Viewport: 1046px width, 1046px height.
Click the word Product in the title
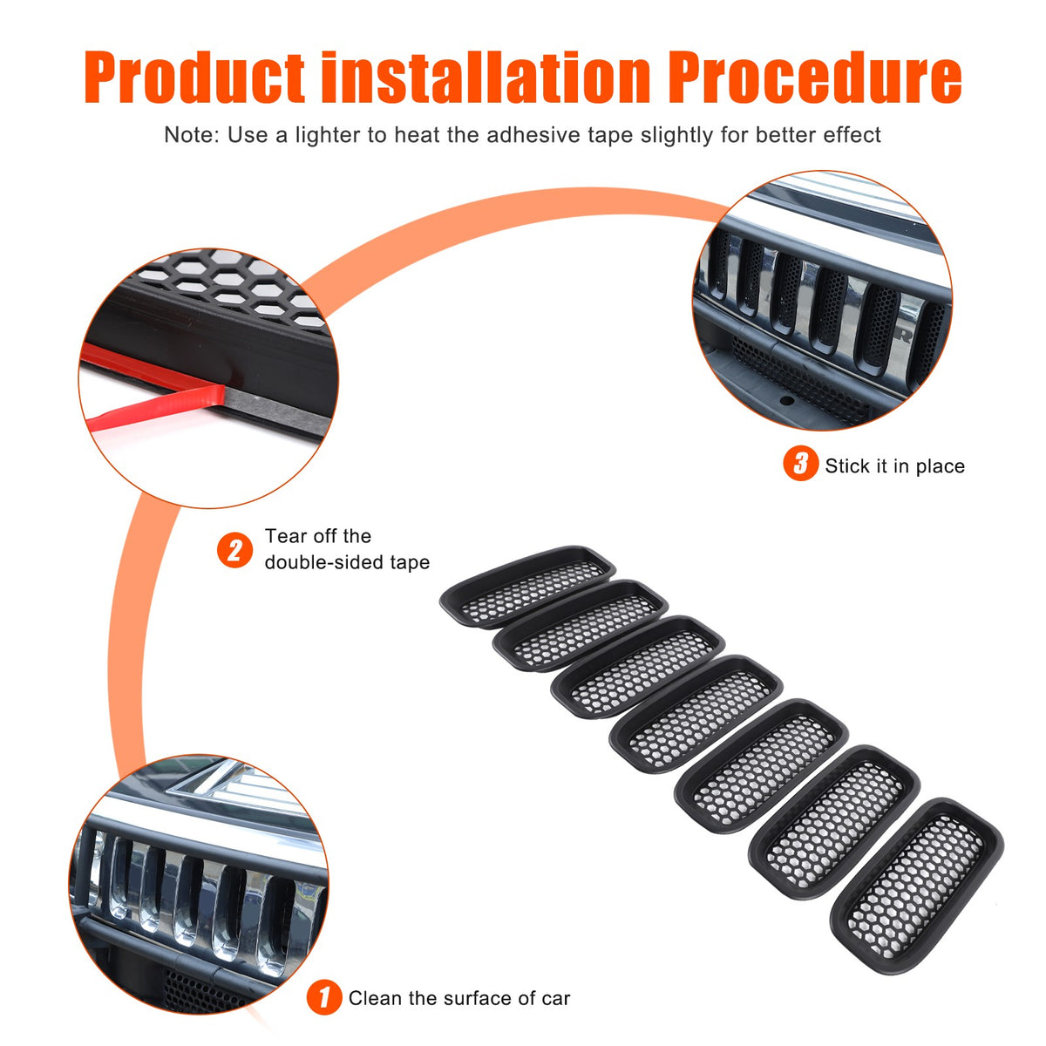194,77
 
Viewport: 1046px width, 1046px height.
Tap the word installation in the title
486,76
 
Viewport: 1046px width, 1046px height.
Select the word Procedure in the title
815,77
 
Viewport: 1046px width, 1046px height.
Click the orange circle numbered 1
324,997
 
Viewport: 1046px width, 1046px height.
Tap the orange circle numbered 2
234,550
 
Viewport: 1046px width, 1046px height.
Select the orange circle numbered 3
801,463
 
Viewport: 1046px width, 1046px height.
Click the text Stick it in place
895,466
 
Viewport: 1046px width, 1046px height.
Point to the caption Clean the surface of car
459,998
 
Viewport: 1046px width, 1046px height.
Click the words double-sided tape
347,562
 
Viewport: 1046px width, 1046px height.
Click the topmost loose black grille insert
527,587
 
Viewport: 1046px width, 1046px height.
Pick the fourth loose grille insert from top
696,714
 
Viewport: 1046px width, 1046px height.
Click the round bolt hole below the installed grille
786,401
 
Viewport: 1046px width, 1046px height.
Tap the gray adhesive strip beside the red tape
277,407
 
